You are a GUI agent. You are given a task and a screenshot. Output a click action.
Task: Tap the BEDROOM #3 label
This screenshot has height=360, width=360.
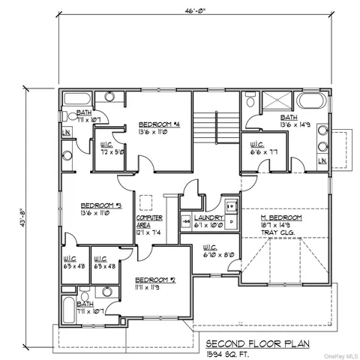100,205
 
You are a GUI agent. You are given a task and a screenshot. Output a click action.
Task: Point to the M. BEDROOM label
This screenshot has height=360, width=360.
280,217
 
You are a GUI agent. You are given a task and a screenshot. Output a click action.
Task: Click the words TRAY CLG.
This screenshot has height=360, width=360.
280,232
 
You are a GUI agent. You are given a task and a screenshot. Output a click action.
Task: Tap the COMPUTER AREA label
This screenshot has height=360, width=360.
145,221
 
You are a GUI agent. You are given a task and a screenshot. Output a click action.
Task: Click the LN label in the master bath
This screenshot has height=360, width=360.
322,160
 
